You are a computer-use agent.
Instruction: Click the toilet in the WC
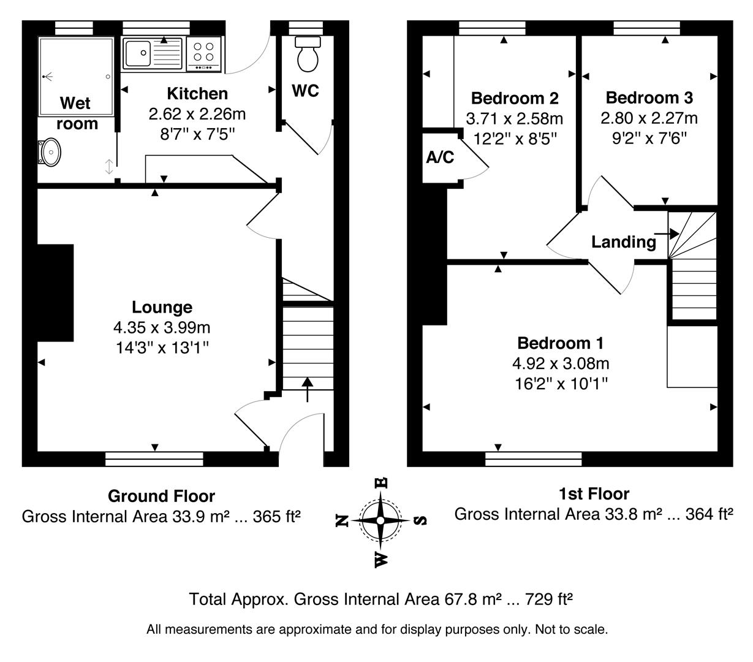click(308, 53)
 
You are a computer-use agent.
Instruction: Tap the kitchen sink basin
click(137, 53)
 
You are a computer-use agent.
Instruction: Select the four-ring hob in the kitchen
click(204, 51)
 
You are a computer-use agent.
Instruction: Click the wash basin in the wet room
click(50, 151)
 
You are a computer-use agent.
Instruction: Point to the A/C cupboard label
click(440, 158)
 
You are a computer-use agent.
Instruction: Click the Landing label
click(623, 242)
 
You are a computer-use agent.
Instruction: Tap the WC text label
click(305, 91)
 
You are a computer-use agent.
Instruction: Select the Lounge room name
click(162, 307)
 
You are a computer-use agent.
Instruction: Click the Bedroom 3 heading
click(649, 97)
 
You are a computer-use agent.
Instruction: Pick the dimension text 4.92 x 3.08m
click(561, 363)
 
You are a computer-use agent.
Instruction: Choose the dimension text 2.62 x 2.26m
click(197, 114)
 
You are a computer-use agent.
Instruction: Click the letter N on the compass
click(343, 520)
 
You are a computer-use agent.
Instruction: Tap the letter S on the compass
click(420, 520)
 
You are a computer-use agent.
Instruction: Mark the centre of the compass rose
click(380, 520)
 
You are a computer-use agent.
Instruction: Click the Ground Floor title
click(161, 496)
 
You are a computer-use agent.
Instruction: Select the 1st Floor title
click(594, 493)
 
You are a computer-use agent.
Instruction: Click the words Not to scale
click(571, 629)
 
